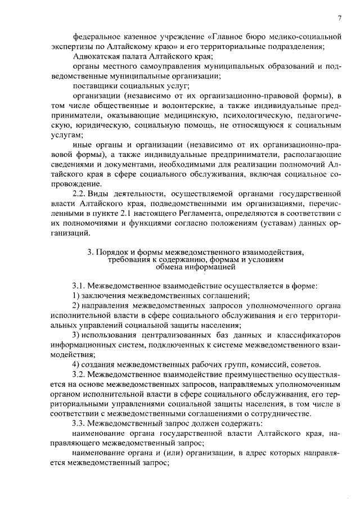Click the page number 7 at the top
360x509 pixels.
coord(340,18)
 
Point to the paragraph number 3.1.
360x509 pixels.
coord(79,286)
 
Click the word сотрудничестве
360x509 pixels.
coord(281,413)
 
